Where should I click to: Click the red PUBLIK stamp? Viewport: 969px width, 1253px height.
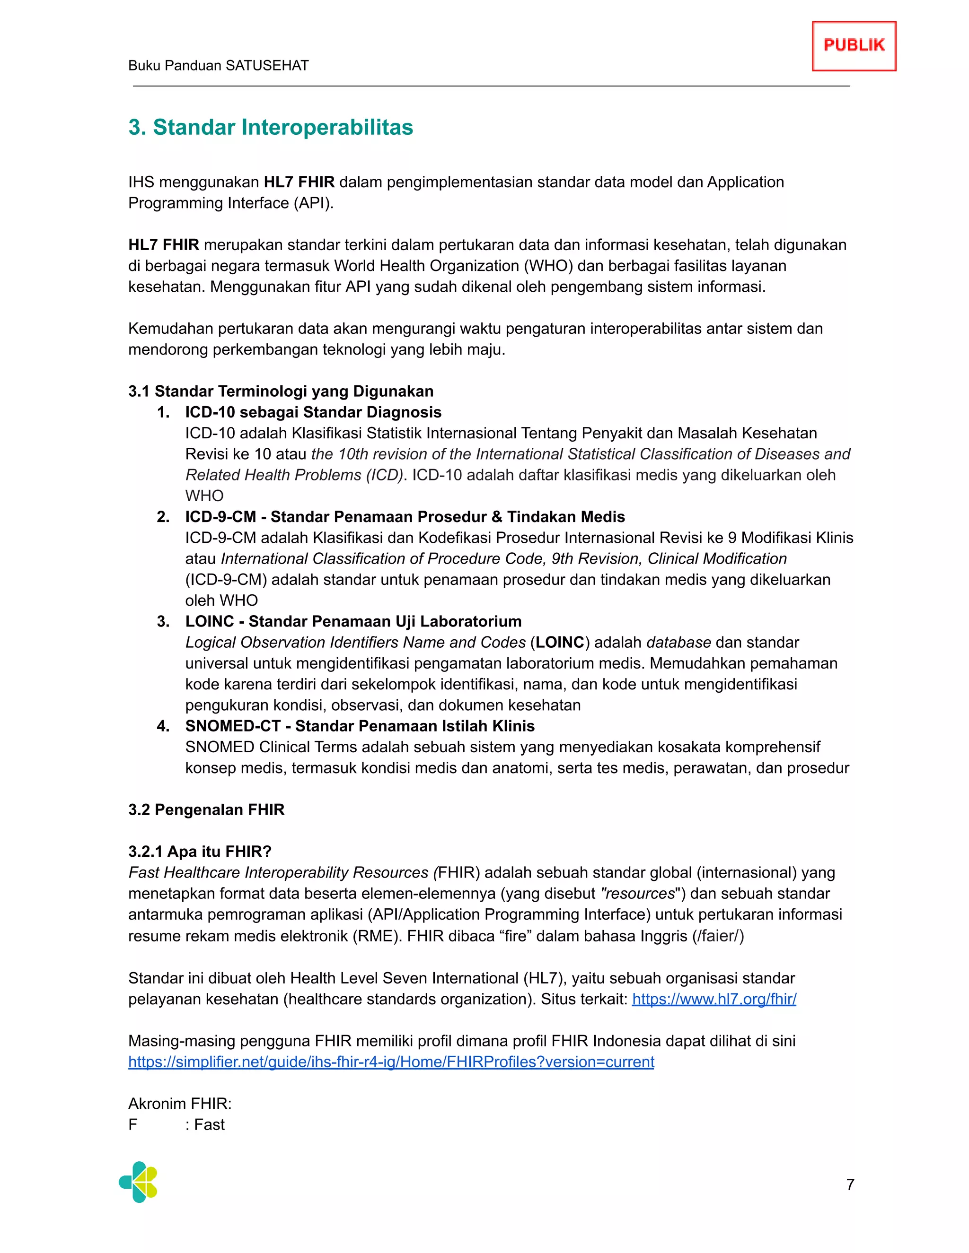pyautogui.click(x=854, y=46)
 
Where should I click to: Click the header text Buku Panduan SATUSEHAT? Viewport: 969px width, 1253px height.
pyautogui.click(x=218, y=65)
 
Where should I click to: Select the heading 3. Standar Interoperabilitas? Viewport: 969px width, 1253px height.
pyautogui.click(x=270, y=127)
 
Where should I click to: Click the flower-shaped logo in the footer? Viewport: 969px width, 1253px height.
pyautogui.click(x=138, y=1183)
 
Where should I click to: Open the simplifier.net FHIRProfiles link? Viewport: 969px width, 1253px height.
pyautogui.click(x=391, y=1062)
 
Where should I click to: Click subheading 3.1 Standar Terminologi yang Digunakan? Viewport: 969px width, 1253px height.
pyautogui.click(x=281, y=392)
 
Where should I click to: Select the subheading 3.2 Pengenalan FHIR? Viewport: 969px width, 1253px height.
pyautogui.click(x=206, y=809)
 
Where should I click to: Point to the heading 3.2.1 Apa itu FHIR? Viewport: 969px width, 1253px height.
pyautogui.click(x=200, y=852)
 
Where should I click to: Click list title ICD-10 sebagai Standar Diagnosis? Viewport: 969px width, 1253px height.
pyautogui.click(x=313, y=412)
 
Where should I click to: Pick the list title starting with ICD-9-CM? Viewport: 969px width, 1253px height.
pyautogui.click(x=405, y=517)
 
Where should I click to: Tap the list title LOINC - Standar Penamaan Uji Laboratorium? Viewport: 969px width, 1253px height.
pyautogui.click(x=353, y=621)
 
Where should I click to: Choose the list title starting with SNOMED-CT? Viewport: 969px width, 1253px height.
pyautogui.click(x=360, y=726)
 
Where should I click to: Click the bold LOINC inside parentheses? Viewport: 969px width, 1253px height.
pyautogui.click(x=560, y=643)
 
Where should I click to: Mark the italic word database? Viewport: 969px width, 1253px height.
pyautogui.click(x=678, y=643)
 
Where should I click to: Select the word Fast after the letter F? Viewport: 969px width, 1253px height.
pyautogui.click(x=210, y=1124)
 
